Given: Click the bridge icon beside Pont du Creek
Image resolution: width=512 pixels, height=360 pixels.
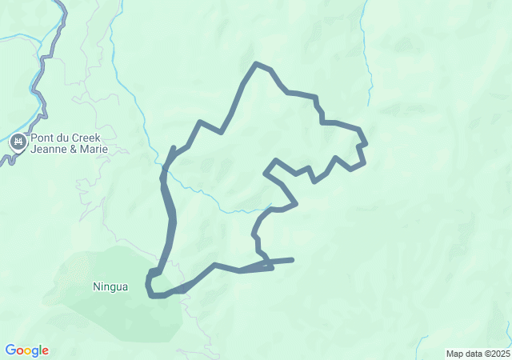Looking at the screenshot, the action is [18, 143].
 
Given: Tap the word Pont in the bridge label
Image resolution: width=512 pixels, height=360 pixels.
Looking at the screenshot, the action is [42, 138].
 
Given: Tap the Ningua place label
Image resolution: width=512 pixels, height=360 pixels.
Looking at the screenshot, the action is [110, 286].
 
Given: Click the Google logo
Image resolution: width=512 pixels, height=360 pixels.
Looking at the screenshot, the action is [27, 350].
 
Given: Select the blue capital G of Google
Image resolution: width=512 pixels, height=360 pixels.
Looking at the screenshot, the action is [10, 350].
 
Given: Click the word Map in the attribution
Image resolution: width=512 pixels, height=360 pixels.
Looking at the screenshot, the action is [454, 354].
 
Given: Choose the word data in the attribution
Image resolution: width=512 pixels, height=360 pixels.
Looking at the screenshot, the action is [473, 354].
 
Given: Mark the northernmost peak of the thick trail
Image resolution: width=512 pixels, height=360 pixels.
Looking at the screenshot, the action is [256, 63].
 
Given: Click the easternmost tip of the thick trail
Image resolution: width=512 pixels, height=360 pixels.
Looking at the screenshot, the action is [366, 144].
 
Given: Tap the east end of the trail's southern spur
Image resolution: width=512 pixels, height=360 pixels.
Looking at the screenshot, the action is [292, 259].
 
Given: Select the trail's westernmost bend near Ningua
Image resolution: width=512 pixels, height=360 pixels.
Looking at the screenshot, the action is [148, 284].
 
